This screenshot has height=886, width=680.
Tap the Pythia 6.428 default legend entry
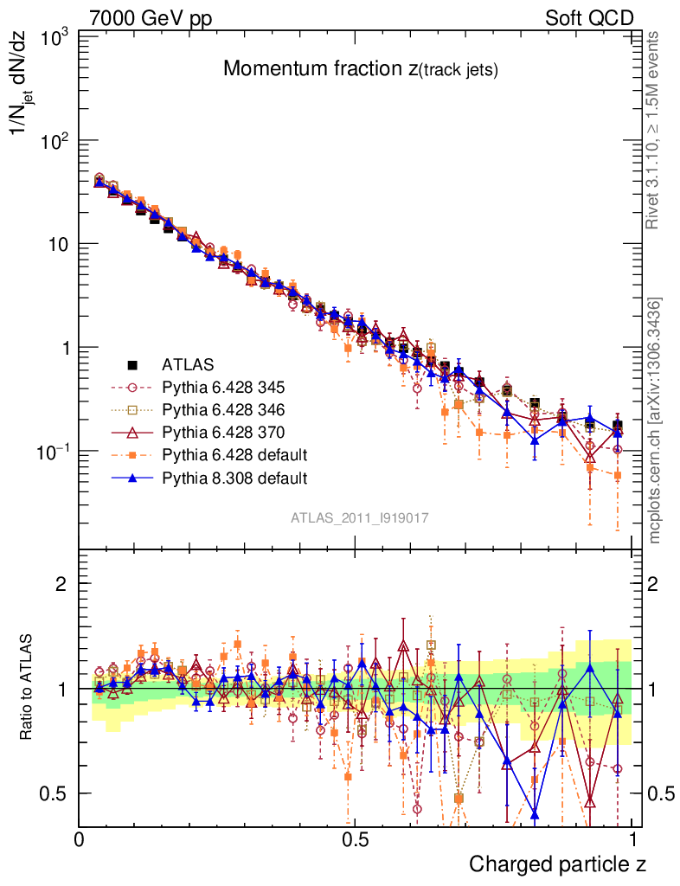pos(234,454)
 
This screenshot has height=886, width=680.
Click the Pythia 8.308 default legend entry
pos(234,477)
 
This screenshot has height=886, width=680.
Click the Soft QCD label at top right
pos(589,18)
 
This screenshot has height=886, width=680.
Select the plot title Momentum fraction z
pos(360,70)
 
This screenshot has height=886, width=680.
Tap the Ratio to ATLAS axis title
pos(28,687)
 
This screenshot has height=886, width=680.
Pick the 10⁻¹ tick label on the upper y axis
pos(53,451)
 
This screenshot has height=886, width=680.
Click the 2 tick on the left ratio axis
pos(61,584)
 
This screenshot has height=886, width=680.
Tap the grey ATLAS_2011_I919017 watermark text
pos(360,518)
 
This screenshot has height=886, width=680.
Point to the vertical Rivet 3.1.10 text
pos(654,130)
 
